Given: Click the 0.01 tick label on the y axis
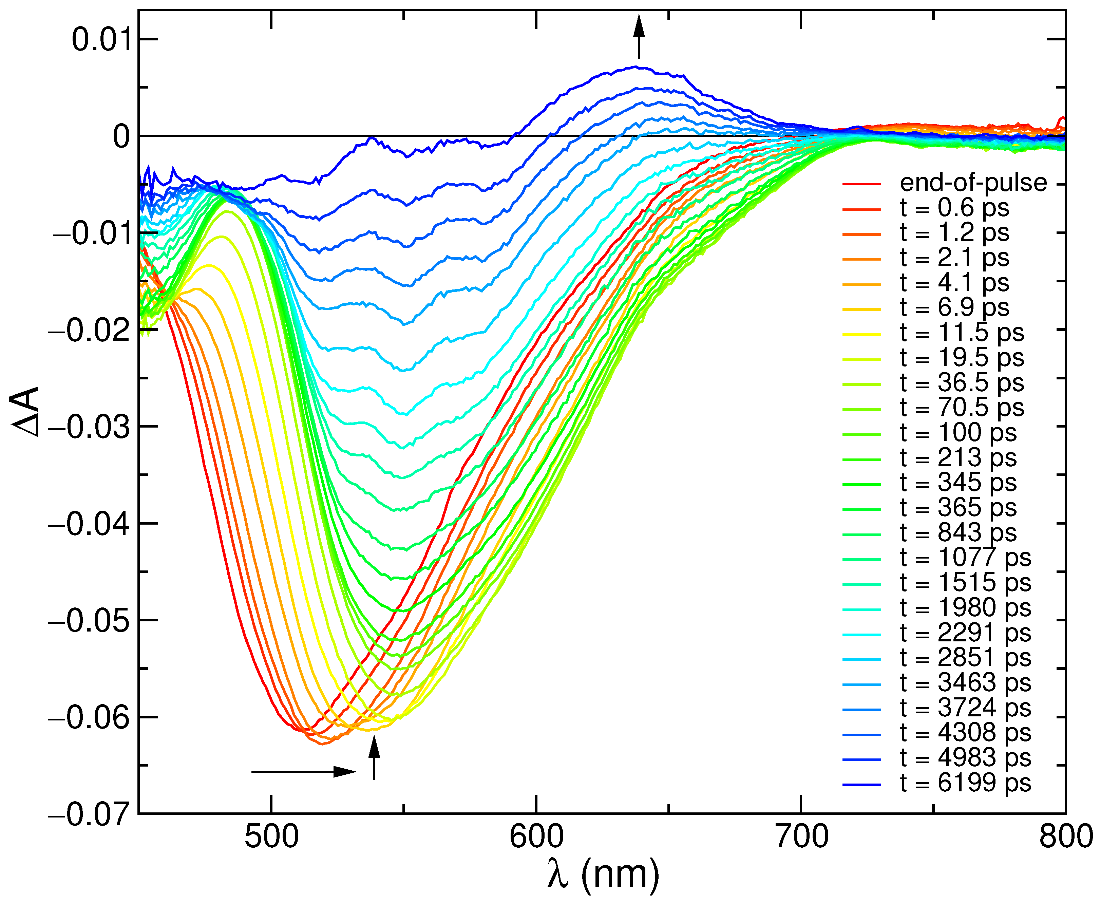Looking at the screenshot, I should [x=101, y=39].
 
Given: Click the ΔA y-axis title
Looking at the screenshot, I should [x=25, y=411].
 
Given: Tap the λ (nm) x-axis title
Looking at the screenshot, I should [x=603, y=876].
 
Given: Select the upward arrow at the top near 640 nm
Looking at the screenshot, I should [x=639, y=36].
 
